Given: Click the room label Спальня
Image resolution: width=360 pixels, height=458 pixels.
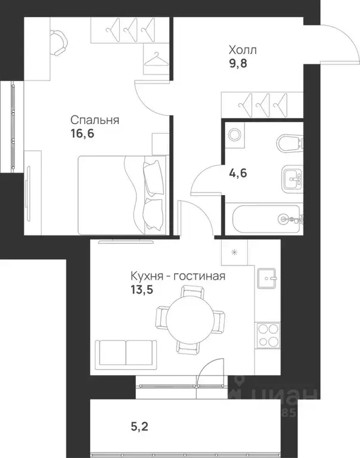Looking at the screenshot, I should (94, 120).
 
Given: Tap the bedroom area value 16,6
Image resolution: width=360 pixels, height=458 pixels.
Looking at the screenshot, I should (82, 134).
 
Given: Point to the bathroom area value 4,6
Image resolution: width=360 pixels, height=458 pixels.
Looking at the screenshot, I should (238, 175).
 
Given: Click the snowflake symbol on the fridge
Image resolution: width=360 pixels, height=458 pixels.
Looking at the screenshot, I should (234, 253).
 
